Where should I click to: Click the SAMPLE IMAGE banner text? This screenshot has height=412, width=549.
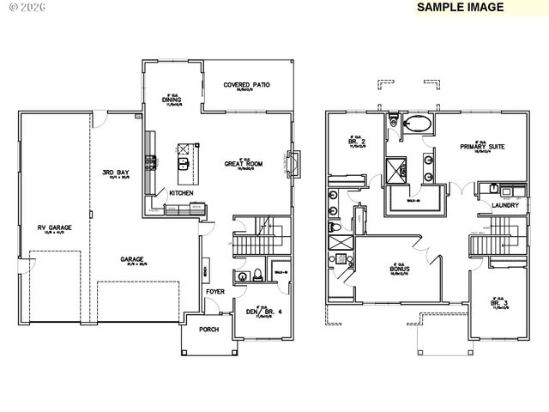click(x=460, y=7)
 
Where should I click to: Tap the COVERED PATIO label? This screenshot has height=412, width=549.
click(x=247, y=85)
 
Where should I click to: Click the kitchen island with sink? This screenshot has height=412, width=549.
click(x=184, y=157)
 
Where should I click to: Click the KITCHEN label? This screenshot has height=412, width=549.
click(x=181, y=193)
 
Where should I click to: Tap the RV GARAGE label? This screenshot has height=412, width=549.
click(x=53, y=227)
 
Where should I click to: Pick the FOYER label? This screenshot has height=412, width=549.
click(x=214, y=292)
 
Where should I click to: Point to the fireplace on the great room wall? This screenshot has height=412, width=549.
click(x=297, y=161)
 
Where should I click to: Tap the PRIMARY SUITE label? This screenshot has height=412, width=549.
click(x=481, y=147)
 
